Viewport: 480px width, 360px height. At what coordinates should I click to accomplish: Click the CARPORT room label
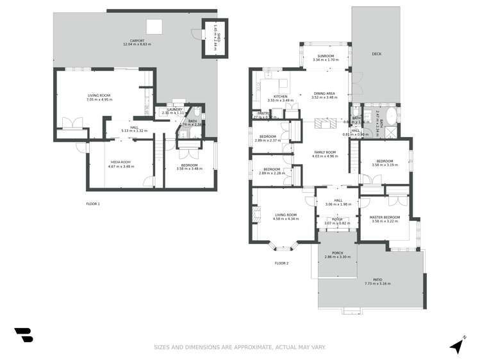[135, 40]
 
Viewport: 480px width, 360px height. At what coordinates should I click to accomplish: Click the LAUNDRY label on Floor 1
[175, 110]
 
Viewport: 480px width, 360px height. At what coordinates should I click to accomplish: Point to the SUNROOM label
[325, 56]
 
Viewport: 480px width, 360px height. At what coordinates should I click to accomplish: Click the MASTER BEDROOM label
[385, 217]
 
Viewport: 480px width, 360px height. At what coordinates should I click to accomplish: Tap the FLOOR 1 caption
[93, 204]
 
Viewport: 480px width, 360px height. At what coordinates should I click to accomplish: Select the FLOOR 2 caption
[281, 263]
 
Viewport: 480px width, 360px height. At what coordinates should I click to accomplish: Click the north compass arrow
[456, 345]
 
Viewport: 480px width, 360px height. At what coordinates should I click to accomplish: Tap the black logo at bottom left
[24, 335]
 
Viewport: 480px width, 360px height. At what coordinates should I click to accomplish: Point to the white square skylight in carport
[154, 26]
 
